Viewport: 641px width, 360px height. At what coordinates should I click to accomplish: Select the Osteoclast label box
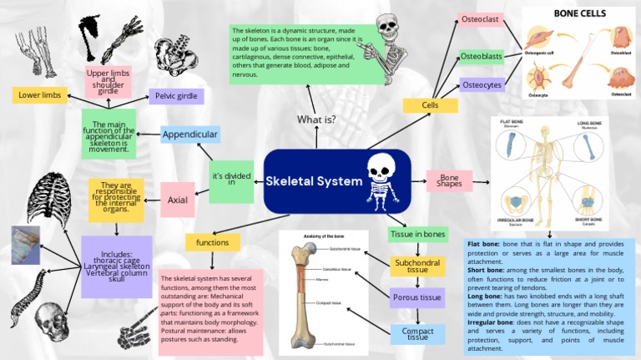[481, 19]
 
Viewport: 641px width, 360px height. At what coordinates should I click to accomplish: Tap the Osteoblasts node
[481, 56]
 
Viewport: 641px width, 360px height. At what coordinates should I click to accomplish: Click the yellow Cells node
[430, 105]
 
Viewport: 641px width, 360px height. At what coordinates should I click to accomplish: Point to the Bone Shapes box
[450, 180]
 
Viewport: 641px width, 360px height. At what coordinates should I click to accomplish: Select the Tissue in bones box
[417, 234]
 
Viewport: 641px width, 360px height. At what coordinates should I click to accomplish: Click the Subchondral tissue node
[417, 266]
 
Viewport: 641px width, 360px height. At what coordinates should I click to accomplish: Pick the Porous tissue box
[417, 297]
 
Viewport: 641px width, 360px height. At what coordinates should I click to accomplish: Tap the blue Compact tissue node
[417, 334]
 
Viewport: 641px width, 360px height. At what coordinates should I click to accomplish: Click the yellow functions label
[212, 242]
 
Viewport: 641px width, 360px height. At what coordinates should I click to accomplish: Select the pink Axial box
[177, 200]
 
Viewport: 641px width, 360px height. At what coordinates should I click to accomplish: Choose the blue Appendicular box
[190, 134]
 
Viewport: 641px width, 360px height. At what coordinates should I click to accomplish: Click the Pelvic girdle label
[176, 96]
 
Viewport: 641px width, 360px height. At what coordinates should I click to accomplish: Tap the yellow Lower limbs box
[39, 95]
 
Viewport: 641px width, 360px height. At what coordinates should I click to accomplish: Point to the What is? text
[316, 119]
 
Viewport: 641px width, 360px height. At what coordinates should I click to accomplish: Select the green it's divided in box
[231, 180]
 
